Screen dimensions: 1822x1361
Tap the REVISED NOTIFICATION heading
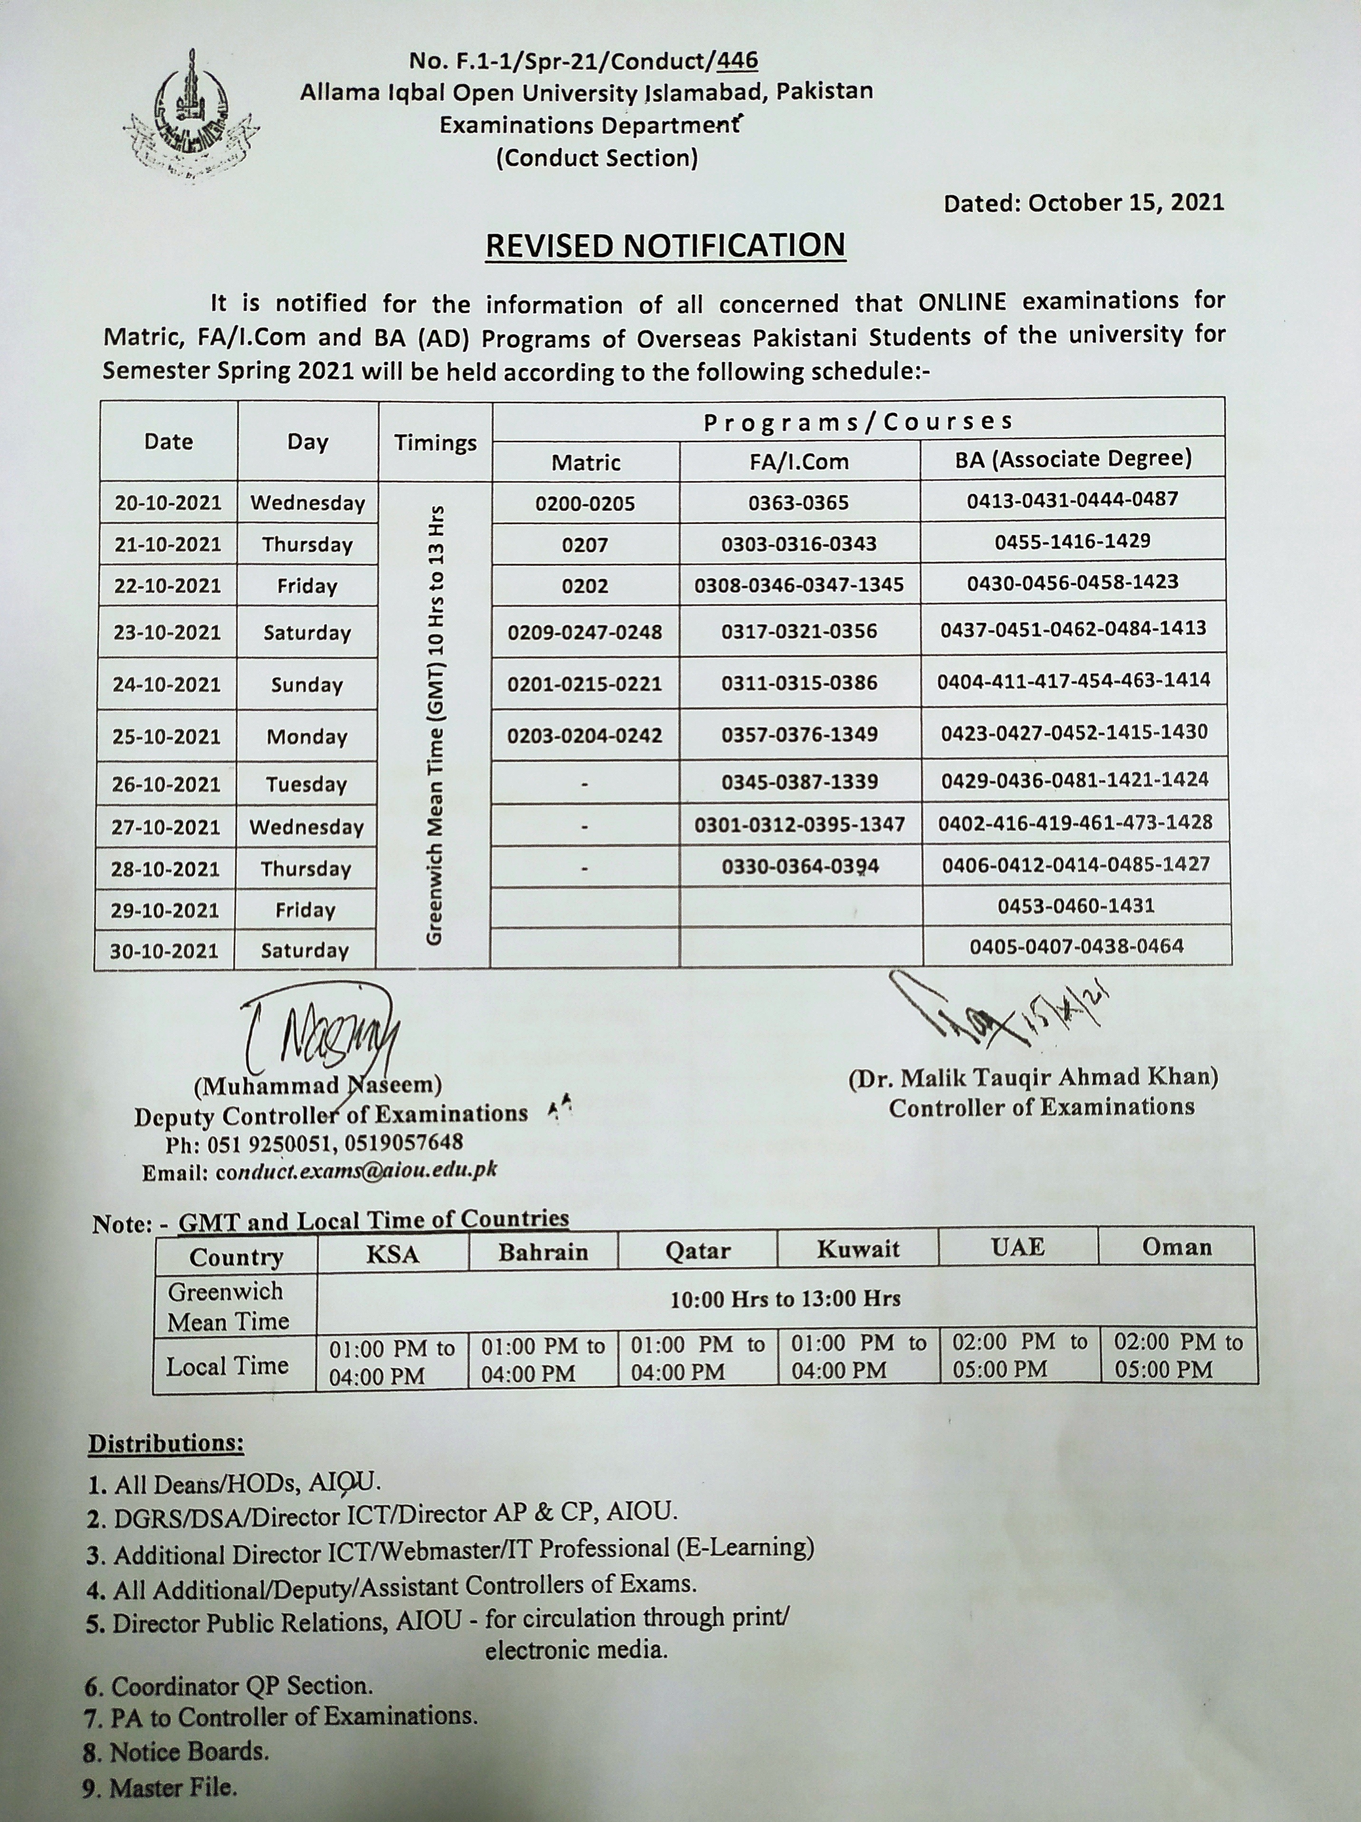point(665,245)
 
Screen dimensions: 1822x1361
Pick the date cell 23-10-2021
point(168,632)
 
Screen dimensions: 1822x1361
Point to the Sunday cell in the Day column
point(307,685)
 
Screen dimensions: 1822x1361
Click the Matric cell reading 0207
point(585,544)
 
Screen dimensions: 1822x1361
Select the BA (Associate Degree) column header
point(1073,459)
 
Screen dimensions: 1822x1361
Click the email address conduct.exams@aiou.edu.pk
point(319,1171)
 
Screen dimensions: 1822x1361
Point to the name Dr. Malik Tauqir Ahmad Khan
point(1033,1076)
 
